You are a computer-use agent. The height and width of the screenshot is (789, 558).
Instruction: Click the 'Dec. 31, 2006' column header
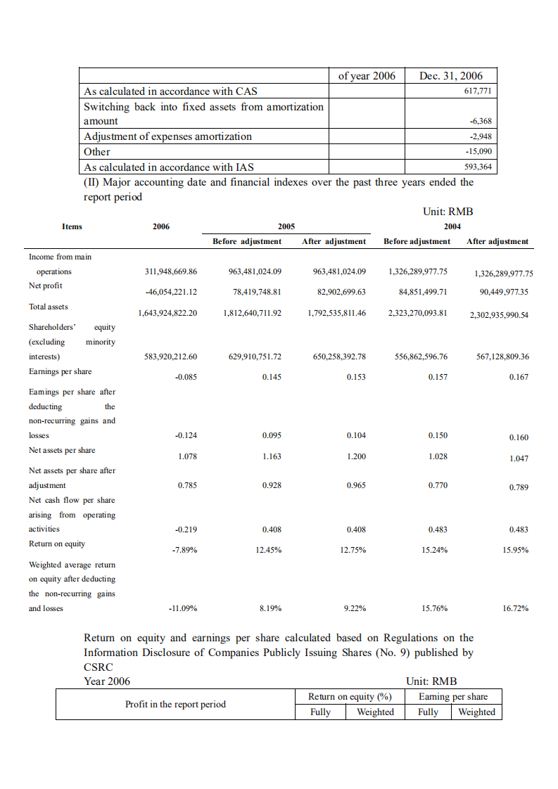click(x=451, y=76)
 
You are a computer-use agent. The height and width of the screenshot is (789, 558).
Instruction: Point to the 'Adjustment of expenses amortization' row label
click(x=167, y=136)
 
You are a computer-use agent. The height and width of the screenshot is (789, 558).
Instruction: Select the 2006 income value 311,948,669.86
click(x=170, y=271)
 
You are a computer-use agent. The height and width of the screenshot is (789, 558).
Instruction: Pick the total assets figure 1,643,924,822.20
click(x=167, y=313)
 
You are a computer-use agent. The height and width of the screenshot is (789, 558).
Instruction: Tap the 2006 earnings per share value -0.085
click(x=186, y=377)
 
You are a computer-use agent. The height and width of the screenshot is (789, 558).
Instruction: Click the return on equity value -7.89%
click(x=184, y=550)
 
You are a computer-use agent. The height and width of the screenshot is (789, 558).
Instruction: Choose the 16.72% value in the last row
click(x=515, y=609)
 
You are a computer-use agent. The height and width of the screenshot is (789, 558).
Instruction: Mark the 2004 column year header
click(x=452, y=226)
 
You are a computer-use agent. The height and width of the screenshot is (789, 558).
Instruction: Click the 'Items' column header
click(x=72, y=226)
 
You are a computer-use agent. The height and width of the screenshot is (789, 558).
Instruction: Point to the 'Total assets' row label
click(x=49, y=307)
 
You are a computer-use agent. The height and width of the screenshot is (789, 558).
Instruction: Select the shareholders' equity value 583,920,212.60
click(x=170, y=357)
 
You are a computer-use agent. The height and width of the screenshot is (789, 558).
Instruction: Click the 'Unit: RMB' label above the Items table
click(x=448, y=212)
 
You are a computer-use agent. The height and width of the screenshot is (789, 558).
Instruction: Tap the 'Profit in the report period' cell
click(x=175, y=705)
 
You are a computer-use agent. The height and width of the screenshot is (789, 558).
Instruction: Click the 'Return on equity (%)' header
click(x=350, y=697)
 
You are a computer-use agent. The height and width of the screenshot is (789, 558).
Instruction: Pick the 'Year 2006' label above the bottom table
click(x=107, y=681)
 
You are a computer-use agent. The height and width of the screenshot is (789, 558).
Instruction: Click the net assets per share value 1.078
click(x=187, y=456)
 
